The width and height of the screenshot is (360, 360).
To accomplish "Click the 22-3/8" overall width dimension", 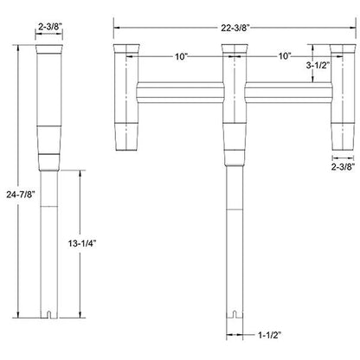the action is pos(235,28).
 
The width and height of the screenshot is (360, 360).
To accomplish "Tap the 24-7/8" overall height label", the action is pos(21,195).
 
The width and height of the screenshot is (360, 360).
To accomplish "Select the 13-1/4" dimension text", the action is pos(82,243).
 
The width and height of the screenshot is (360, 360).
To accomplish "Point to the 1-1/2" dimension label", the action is pos(269,335).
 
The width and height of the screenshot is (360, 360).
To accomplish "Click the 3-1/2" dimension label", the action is pos(318,65).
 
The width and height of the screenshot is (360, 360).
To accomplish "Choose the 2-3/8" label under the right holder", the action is pos(343,167).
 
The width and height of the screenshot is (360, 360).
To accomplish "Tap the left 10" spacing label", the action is pos(181,56).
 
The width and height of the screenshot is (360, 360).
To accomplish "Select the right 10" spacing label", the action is pos(285,56).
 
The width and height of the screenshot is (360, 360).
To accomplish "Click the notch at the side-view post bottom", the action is pos(49,314).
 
